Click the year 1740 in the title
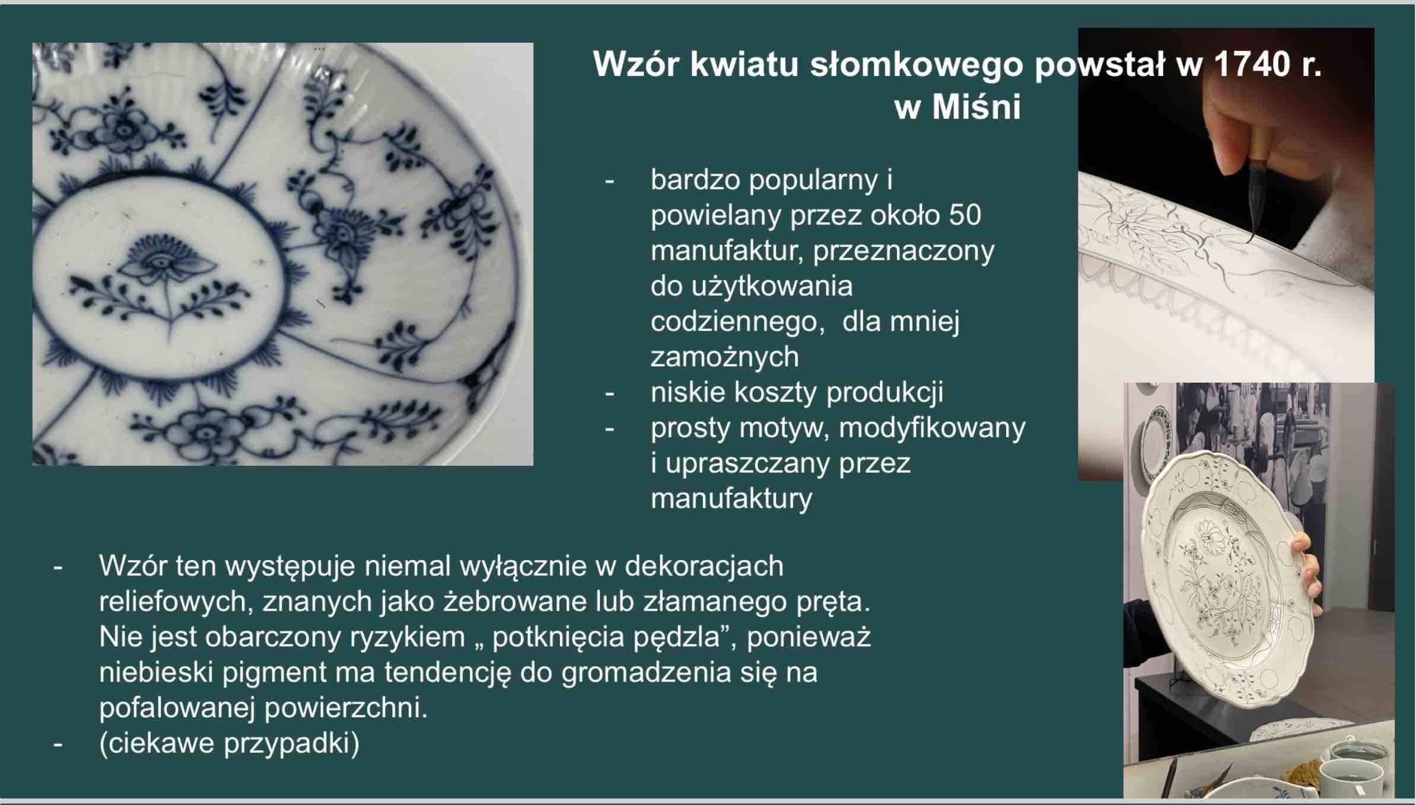point(1249,64)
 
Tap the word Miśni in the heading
point(976,107)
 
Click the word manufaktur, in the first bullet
point(727,251)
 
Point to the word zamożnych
point(724,357)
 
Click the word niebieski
point(156,673)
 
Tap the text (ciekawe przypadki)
point(230,744)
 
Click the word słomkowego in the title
point(916,64)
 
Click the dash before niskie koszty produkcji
point(609,393)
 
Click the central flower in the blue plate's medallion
point(163,264)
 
